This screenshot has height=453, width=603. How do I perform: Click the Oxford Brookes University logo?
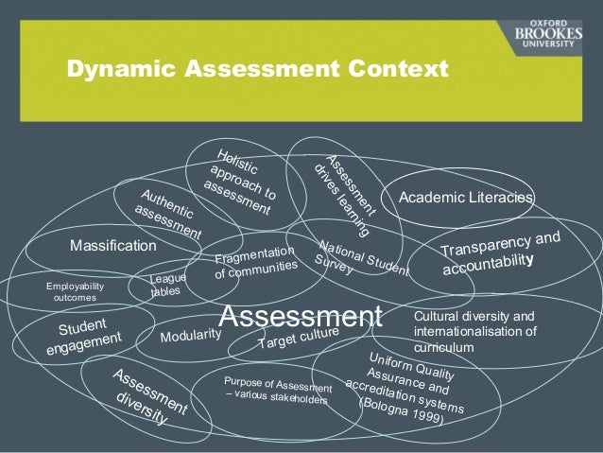(548, 34)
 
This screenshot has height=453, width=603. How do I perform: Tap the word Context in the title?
(399, 69)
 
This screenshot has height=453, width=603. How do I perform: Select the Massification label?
(113, 246)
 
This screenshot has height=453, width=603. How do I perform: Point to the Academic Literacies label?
(466, 197)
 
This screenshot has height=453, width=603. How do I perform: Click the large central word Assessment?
(301, 316)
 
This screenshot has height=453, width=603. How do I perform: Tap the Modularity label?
(191, 336)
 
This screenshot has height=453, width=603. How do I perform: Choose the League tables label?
(167, 285)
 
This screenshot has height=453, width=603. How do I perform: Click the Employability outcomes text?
(75, 291)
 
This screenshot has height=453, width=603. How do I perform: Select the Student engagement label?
(83, 336)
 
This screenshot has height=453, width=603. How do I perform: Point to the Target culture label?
(299, 338)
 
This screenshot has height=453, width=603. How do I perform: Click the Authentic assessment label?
(168, 214)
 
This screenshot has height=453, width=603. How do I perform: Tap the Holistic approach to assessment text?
(240, 182)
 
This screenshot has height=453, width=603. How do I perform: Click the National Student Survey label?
(361, 258)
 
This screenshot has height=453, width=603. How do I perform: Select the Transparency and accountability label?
(501, 253)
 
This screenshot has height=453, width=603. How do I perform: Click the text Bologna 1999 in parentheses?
(402, 411)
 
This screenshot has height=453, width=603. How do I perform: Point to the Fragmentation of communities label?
(256, 262)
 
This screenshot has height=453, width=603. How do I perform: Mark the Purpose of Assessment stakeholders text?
(278, 391)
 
